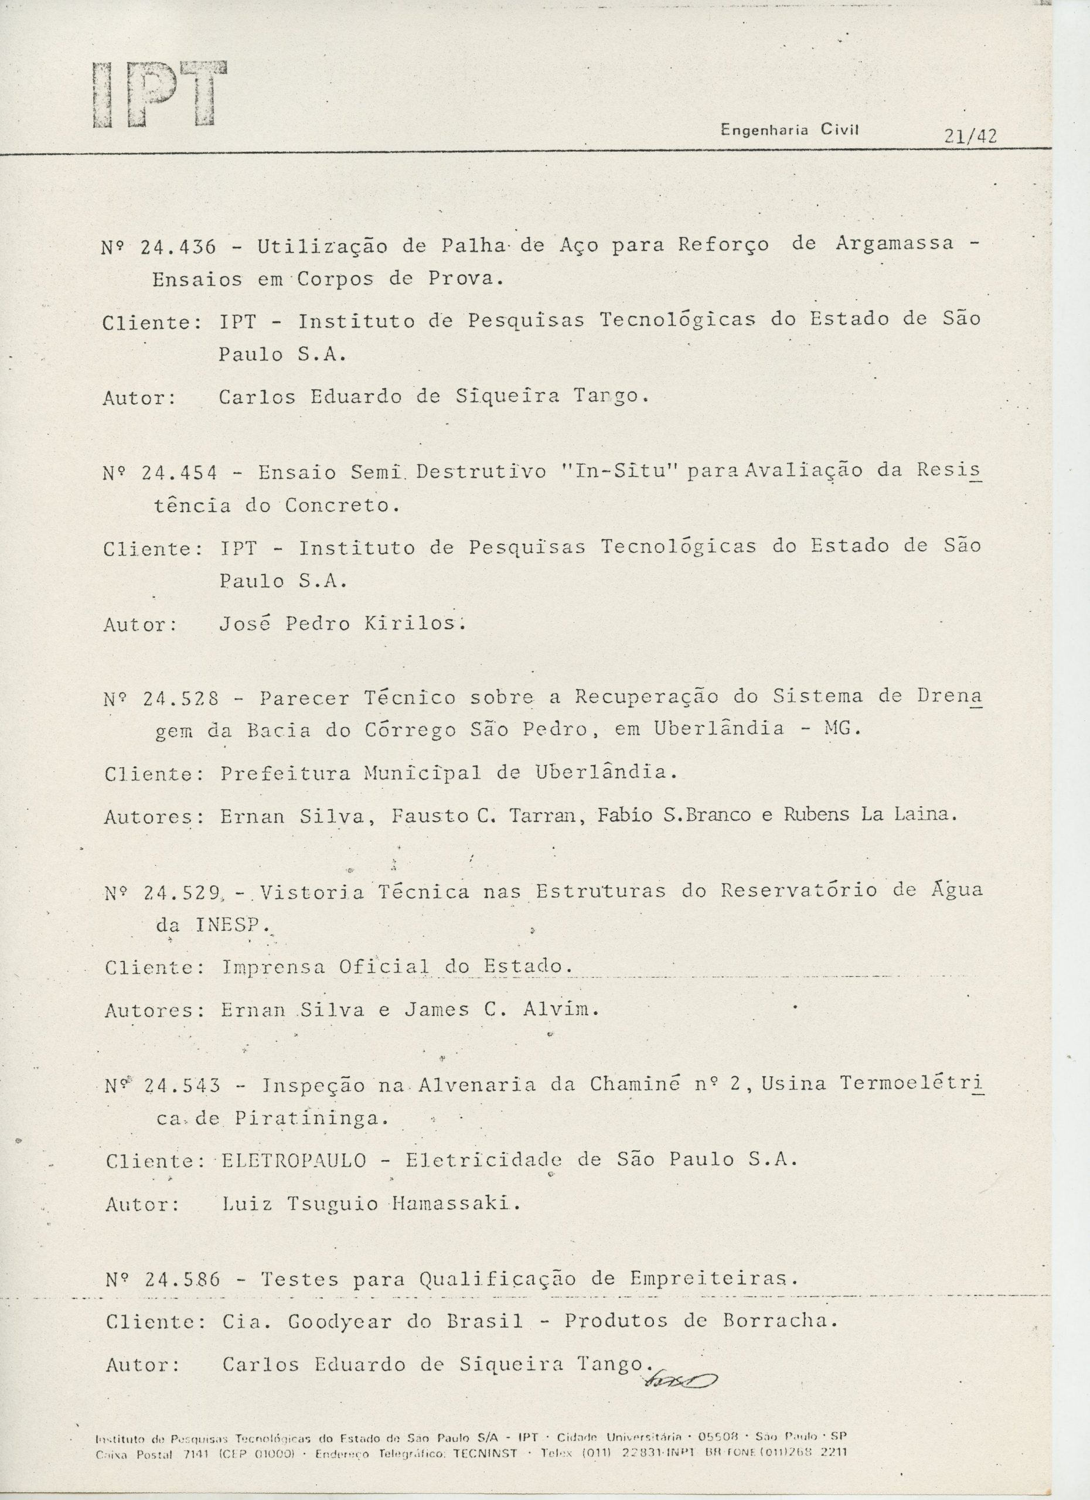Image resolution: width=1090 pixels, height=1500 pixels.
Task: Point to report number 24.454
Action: tap(179, 473)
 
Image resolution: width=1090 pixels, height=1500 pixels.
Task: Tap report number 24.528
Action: tap(180, 698)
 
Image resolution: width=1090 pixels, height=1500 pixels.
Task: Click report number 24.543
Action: tap(182, 1085)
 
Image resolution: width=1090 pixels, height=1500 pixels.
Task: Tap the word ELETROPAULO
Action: tap(294, 1160)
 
